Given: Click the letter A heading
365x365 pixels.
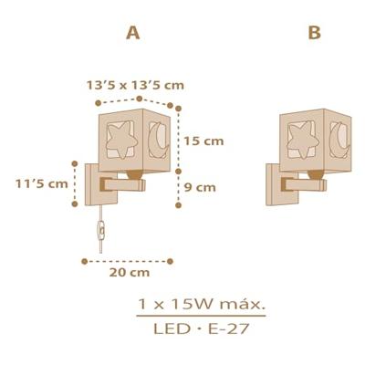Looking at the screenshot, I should point(133,34).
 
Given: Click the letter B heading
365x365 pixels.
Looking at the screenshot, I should point(315,34).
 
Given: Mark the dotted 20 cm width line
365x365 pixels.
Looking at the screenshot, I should point(128,260).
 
